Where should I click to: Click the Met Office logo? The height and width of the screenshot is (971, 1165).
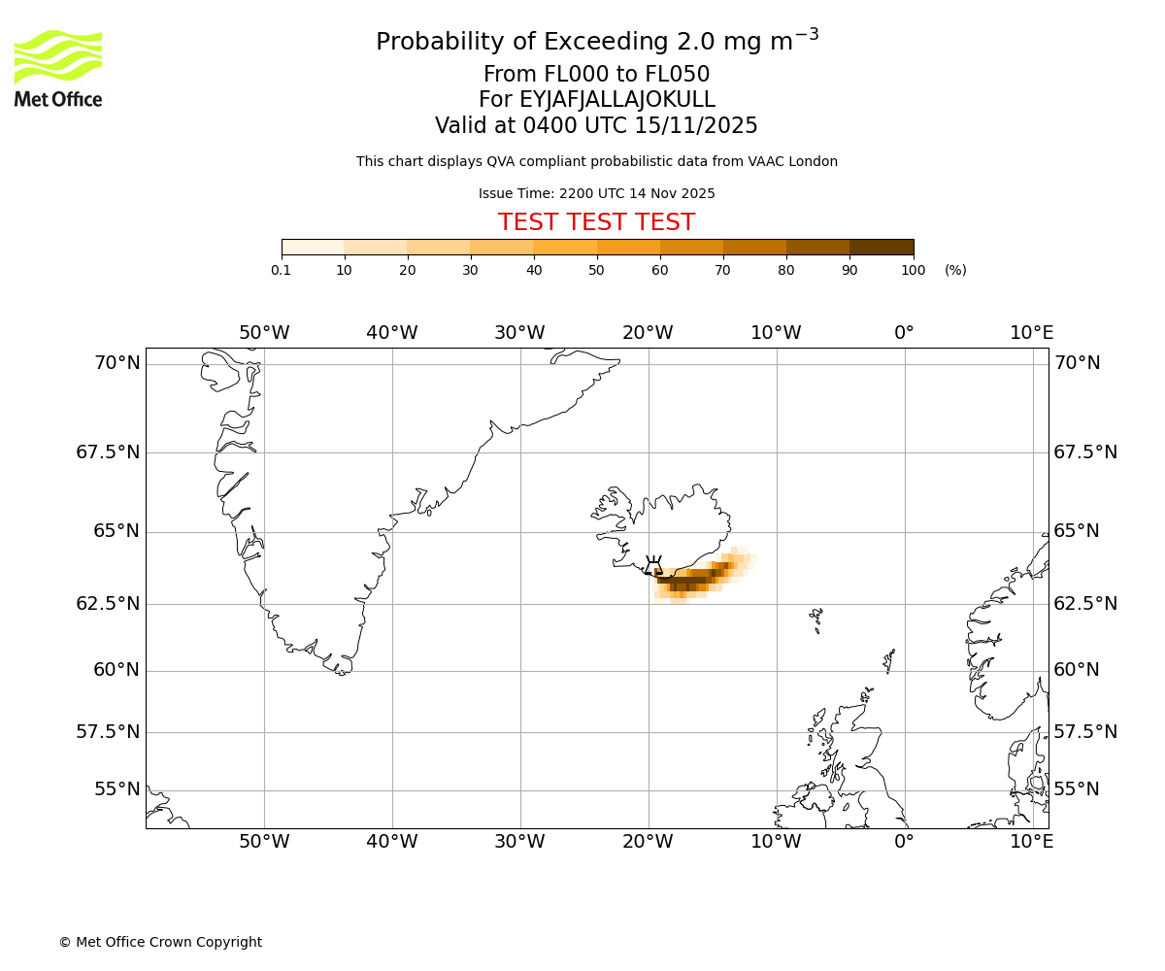(x=58, y=68)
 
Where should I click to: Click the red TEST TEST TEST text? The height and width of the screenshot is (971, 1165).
(x=596, y=222)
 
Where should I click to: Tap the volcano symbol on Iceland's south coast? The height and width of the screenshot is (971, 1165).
(x=653, y=566)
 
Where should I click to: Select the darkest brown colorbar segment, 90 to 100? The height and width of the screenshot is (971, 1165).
(x=882, y=248)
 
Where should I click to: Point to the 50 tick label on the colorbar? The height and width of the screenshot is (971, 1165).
(x=597, y=270)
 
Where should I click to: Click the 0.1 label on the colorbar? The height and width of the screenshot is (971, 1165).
(x=282, y=270)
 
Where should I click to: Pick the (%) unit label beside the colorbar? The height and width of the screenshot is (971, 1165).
(x=955, y=270)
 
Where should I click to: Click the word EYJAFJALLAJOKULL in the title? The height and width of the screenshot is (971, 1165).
(x=617, y=100)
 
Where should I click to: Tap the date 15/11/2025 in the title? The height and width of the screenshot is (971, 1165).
(x=696, y=126)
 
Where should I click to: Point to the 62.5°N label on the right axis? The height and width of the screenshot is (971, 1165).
(x=1085, y=604)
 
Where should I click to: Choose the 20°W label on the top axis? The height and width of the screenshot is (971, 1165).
(x=648, y=333)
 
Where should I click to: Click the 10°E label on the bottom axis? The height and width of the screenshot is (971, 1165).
(x=1031, y=842)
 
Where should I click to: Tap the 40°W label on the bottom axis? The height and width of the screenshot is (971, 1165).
(x=392, y=842)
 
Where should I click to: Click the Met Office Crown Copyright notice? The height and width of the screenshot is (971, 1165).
(x=160, y=942)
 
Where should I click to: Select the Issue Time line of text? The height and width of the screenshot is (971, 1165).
(x=596, y=194)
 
